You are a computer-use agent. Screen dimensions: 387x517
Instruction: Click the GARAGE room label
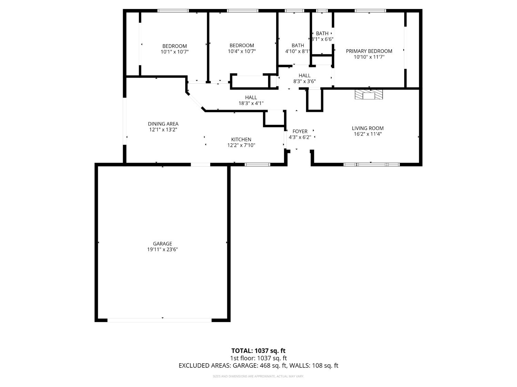click(162, 244)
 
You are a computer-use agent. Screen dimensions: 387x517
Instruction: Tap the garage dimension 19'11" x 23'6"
click(162, 250)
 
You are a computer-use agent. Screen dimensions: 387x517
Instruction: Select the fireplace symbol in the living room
click(368, 95)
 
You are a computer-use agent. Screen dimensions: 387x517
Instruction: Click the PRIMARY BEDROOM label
click(369, 51)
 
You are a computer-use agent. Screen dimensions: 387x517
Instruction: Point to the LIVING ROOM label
click(367, 128)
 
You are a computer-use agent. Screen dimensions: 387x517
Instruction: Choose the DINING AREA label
click(163, 124)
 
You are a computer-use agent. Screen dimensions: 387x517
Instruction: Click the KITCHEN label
click(241, 139)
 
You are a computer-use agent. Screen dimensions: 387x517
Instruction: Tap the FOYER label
click(300, 131)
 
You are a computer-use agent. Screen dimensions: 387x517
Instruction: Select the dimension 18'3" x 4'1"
click(251, 103)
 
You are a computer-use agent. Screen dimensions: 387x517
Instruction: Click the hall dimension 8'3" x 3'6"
click(304, 82)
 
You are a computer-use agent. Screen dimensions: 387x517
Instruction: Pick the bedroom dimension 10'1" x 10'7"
click(174, 52)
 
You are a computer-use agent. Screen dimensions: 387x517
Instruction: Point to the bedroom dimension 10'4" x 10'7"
click(242, 51)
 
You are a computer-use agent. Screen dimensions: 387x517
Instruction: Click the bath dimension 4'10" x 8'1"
click(298, 51)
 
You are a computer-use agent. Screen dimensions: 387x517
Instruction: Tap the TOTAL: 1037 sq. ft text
click(258, 351)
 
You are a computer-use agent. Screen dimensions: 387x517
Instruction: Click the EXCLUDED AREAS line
click(258, 366)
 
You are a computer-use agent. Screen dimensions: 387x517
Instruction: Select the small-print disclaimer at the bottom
click(258, 376)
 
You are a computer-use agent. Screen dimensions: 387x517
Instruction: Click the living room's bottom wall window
click(372, 164)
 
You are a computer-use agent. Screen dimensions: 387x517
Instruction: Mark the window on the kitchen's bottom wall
click(257, 164)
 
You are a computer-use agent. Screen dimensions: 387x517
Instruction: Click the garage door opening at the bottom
click(160, 320)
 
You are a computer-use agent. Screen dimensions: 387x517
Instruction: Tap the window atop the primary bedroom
click(371, 11)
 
